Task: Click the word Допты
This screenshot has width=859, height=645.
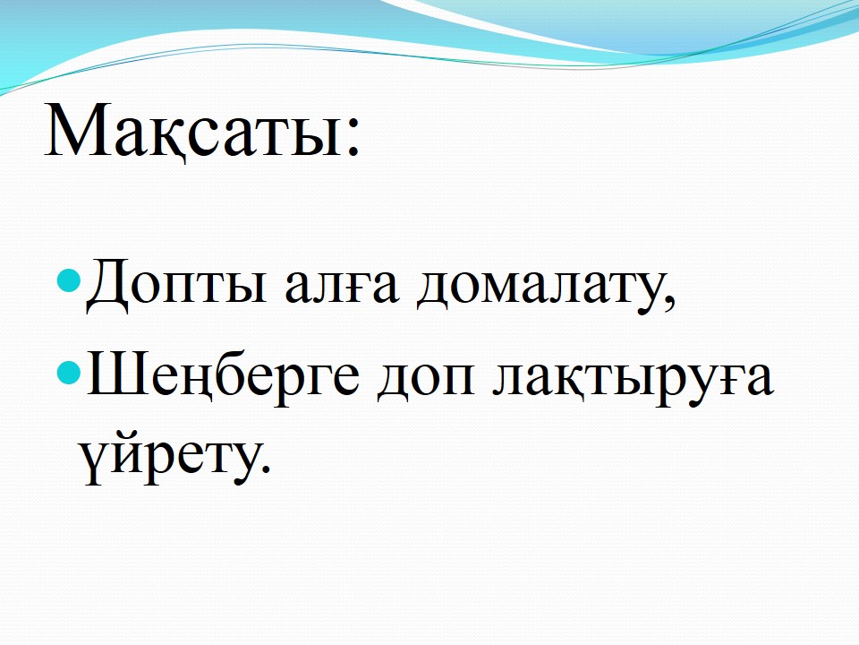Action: pos(176,286)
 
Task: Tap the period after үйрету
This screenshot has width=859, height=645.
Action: pos(266,468)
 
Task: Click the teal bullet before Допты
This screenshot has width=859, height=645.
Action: pos(70,280)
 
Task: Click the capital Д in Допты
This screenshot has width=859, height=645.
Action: pos(108,286)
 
